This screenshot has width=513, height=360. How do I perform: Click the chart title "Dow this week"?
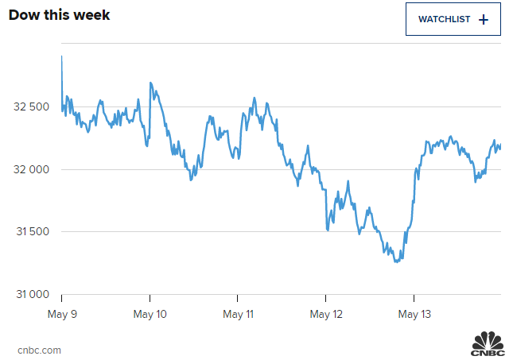[60, 15]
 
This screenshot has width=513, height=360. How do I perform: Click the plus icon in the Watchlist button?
[484, 19]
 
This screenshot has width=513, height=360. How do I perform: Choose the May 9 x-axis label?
[61, 314]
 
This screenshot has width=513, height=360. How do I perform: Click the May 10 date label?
[150, 314]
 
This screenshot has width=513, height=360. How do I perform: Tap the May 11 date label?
[238, 314]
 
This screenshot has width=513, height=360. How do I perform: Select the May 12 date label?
[326, 314]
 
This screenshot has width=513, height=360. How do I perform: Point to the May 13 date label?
[414, 314]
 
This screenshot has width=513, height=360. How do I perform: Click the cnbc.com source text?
[39, 350]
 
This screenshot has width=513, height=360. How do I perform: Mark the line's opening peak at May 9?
[62, 56]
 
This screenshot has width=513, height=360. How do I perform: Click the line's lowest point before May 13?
[396, 261]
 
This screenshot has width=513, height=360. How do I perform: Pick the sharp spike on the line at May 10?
[150, 83]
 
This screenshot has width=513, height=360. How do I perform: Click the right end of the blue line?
[500, 147]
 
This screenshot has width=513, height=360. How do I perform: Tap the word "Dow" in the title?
[23, 15]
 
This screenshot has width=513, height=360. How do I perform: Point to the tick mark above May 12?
[326, 298]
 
